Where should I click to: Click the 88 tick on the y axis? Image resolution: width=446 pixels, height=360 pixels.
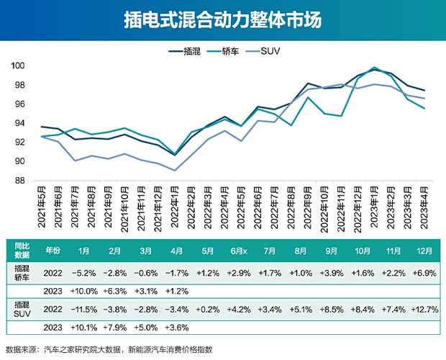click(19, 181)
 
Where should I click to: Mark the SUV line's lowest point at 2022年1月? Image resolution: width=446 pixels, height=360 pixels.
click(176, 171)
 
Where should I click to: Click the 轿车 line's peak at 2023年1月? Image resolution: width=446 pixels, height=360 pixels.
click(374, 68)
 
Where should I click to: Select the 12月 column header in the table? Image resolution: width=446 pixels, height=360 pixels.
click(424, 251)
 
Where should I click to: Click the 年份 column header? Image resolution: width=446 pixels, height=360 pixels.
click(53, 251)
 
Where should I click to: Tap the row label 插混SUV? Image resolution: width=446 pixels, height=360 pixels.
click(22, 309)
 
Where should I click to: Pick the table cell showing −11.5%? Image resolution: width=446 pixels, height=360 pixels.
click(83, 310)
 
